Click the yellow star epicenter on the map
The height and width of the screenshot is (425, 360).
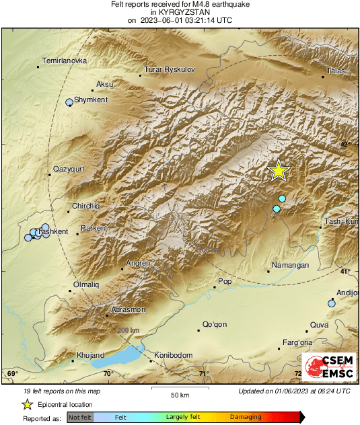click(279, 171)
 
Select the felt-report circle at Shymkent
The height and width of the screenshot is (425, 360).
click(69, 102)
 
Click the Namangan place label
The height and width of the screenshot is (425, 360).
click(291, 266)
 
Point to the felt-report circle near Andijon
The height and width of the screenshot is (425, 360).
click(331, 304)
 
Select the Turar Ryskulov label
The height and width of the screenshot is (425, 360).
click(170, 70)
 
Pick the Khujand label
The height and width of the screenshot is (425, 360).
click(90, 354)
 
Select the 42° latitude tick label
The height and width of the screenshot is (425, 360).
click(345, 144)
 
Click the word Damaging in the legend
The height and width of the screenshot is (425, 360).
click(246, 417)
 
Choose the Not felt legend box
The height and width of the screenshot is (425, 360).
click(81, 418)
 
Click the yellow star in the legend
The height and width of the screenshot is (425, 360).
click(27, 404)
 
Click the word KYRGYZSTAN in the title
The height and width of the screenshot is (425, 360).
click(180, 12)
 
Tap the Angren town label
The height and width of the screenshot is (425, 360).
click(137, 263)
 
